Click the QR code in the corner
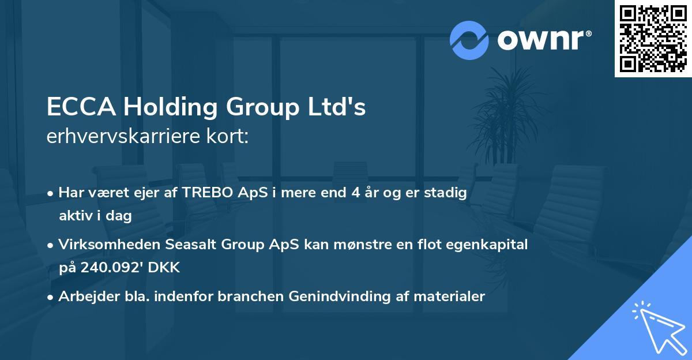point(653,39)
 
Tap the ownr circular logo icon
point(469,40)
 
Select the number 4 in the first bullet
point(355,193)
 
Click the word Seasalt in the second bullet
point(187,245)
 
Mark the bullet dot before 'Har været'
point(51,193)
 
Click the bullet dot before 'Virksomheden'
point(51,245)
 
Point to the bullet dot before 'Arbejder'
point(51,297)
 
